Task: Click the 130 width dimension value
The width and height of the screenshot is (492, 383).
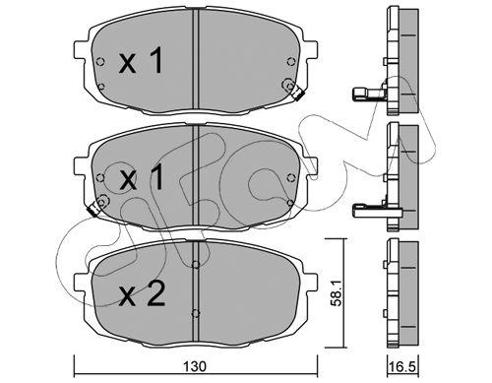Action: [195, 366]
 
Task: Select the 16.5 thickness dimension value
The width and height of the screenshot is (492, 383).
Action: [403, 366]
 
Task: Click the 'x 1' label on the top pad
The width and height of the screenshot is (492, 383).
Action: [142, 60]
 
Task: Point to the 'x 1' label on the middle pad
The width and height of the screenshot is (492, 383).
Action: [142, 177]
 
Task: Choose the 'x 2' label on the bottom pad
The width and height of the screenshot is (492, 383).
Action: [142, 294]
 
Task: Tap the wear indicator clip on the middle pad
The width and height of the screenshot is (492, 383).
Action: [92, 209]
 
